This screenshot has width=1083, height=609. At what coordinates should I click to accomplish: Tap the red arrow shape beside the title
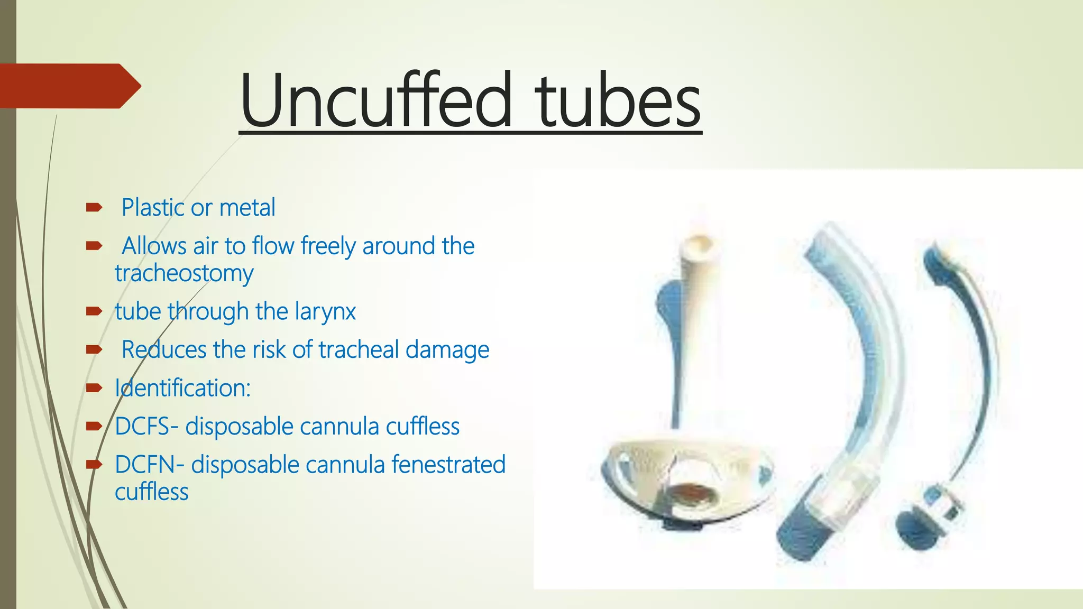pyautogui.click(x=69, y=86)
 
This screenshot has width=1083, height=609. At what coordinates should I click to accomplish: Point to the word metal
pyautogui.click(x=247, y=207)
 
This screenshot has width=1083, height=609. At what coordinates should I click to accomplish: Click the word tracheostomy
pyautogui.click(x=184, y=273)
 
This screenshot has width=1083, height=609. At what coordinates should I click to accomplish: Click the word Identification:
pyautogui.click(x=182, y=387)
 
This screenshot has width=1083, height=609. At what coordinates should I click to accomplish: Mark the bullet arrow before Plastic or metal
pyautogui.click(x=94, y=208)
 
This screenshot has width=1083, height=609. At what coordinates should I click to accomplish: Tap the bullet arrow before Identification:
pyautogui.click(x=94, y=388)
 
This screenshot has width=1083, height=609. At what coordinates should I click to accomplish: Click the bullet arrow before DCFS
pyautogui.click(x=94, y=426)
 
